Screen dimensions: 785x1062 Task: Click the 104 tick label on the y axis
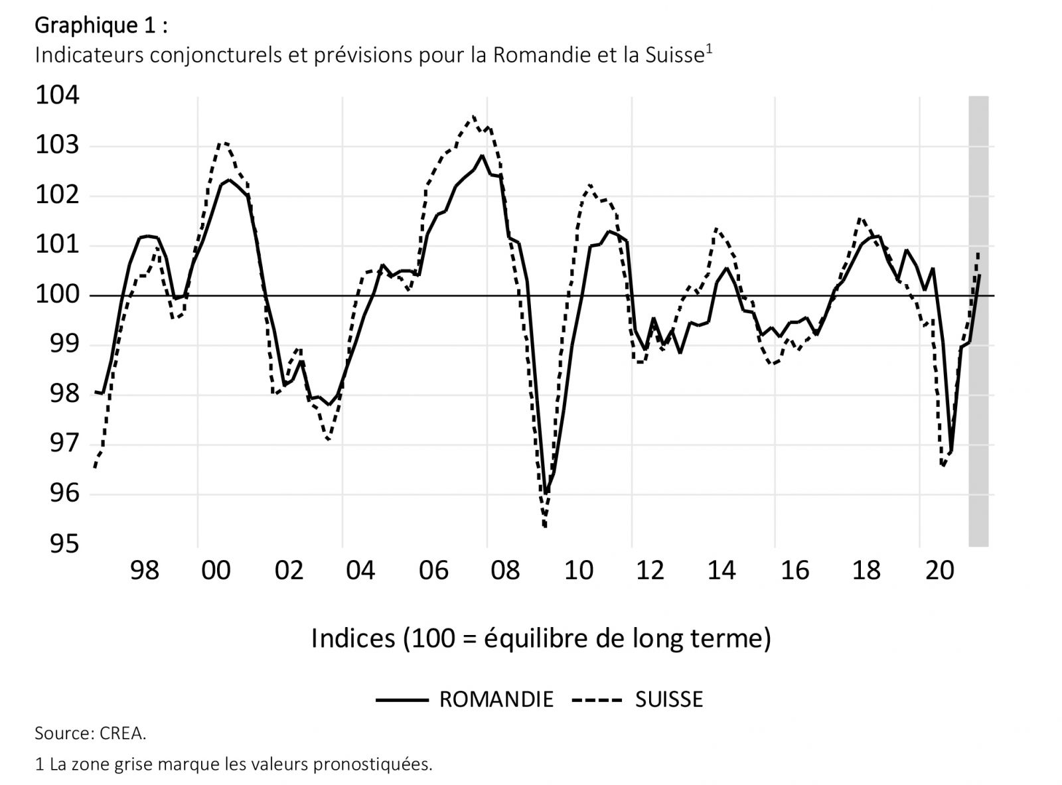tap(57, 96)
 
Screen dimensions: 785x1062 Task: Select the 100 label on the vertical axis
tap(57, 295)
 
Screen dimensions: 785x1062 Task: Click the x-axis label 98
tap(145, 571)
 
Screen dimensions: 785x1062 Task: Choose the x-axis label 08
tap(505, 571)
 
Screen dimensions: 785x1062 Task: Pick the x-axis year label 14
tap(721, 571)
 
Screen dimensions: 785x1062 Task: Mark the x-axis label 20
tap(939, 571)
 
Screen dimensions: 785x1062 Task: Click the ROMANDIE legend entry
tap(496, 699)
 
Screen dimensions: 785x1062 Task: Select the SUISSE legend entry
tap(668, 699)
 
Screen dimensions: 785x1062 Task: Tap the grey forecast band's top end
tap(978, 98)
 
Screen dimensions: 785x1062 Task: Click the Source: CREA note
tap(90, 733)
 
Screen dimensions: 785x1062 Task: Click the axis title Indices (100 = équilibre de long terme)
tap(541, 638)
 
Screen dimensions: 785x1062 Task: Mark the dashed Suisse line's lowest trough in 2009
tap(545, 527)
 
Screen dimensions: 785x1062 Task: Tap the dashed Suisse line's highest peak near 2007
tap(473, 117)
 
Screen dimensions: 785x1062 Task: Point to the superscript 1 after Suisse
tap(708, 49)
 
